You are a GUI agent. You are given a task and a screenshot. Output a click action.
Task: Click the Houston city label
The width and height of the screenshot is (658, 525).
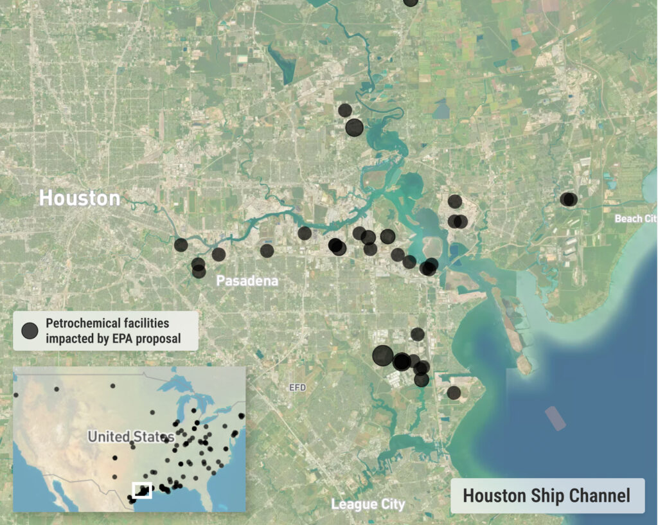pyautogui.click(x=80, y=198)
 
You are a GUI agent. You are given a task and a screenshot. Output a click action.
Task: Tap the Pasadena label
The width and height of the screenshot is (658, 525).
pyautogui.click(x=247, y=281)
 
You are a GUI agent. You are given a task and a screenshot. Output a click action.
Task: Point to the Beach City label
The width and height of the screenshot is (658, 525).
pyautogui.click(x=636, y=218)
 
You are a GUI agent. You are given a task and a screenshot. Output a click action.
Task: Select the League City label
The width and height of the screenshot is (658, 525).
pyautogui.click(x=368, y=504)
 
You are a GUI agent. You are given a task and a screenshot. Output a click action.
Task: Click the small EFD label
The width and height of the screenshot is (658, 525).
pyautogui.click(x=298, y=387)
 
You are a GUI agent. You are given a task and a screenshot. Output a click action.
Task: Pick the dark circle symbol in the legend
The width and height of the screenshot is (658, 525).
pyautogui.click(x=30, y=330)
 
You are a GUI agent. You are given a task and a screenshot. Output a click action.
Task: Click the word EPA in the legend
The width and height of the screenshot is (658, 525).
pyautogui.click(x=127, y=338)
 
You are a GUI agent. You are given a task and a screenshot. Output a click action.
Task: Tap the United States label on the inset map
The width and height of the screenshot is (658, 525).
pyautogui.click(x=131, y=437)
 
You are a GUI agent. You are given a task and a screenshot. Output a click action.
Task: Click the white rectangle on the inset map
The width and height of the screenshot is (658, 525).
pyautogui.click(x=141, y=490)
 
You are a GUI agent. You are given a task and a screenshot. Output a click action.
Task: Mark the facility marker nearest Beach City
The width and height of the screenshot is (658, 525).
pyautogui.click(x=568, y=199)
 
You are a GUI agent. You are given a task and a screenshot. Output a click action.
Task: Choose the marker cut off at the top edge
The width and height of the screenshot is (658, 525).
pyautogui.click(x=411, y=2)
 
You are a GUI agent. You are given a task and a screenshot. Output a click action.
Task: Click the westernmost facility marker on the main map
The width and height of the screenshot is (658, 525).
pyautogui.click(x=181, y=244)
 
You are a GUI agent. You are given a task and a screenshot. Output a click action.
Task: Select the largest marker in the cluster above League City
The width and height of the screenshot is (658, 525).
pyautogui.click(x=382, y=355)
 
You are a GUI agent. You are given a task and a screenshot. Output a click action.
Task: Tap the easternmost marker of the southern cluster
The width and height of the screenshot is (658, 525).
pyautogui.click(x=454, y=393)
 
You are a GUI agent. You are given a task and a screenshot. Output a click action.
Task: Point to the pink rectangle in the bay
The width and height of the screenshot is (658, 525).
pyautogui.click(x=555, y=418)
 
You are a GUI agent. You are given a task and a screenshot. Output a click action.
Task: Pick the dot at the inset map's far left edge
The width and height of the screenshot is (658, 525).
pyautogui.click(x=15, y=395)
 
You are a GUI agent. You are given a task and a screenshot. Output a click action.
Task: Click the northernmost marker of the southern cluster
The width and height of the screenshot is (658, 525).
pyautogui.click(x=417, y=334)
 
